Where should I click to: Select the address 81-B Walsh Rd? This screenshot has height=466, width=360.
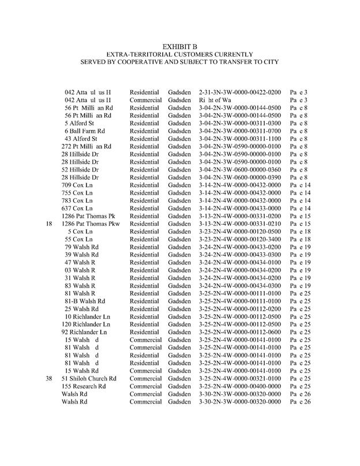coord(85,301)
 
